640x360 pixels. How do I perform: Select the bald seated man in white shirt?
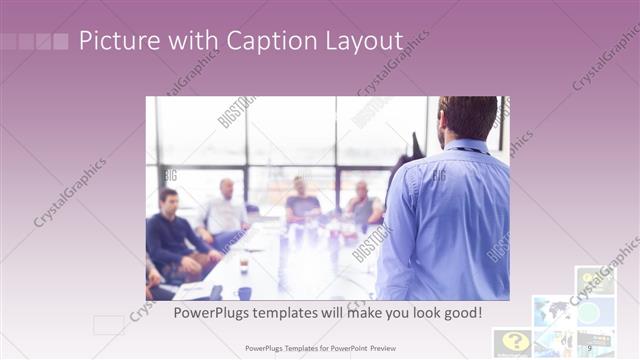(227, 209)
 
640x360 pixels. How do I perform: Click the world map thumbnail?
(551, 311)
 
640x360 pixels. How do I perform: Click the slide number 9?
(589, 347)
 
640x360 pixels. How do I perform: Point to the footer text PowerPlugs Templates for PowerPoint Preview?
(320, 347)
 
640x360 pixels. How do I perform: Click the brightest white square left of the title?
(60, 41)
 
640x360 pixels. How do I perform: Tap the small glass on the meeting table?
(243, 265)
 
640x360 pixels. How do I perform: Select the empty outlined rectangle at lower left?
(108, 325)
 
